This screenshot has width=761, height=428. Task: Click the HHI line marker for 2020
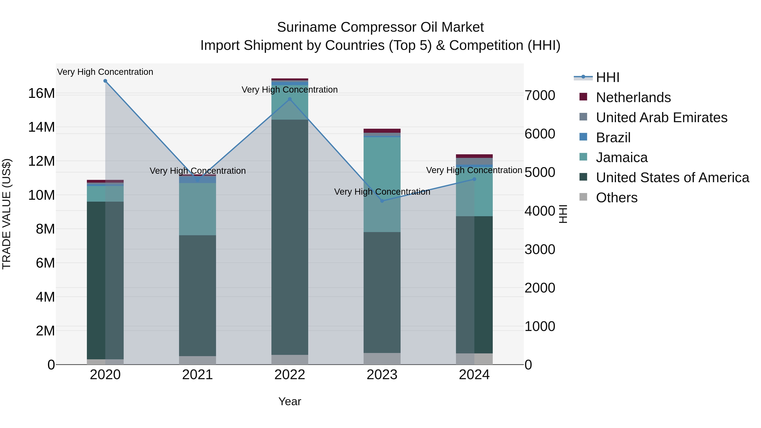tap(105, 81)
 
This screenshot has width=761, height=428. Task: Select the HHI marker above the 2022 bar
tap(290, 99)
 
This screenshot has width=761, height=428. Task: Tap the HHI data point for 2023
tap(382, 201)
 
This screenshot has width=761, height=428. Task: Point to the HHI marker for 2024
tap(474, 179)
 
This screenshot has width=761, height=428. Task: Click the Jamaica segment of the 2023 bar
tap(382, 183)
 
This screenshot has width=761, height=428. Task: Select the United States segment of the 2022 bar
tap(290, 236)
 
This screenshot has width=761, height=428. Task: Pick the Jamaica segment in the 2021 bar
tap(197, 209)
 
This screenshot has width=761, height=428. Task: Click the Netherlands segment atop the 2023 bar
tap(382, 131)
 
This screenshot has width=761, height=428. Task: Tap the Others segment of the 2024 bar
tap(474, 359)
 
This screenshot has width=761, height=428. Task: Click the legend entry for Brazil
tap(613, 138)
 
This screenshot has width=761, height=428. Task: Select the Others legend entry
tap(617, 198)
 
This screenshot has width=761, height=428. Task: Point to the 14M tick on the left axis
tap(41, 127)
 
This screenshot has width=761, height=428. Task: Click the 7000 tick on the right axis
tap(540, 95)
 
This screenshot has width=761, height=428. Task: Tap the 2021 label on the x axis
tap(197, 375)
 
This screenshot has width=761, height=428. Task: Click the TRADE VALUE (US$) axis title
tap(7, 214)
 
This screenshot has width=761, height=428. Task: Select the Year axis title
tap(290, 401)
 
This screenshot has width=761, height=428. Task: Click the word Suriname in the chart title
tap(307, 27)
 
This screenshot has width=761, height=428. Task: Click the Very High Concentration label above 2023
tap(382, 192)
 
